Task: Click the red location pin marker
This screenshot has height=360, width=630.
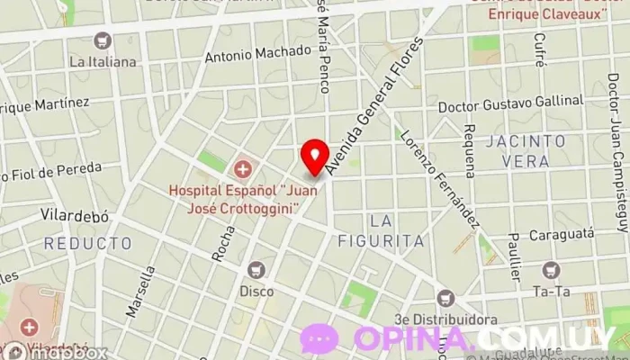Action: click(x=314, y=157)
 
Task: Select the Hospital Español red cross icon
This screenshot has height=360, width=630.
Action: click(x=241, y=168)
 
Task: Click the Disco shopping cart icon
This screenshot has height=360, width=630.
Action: click(x=257, y=269)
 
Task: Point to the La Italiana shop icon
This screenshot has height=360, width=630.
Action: click(x=103, y=41)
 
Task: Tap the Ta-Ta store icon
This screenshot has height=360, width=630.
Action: click(x=550, y=269)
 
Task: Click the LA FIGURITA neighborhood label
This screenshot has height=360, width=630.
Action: click(x=392, y=230)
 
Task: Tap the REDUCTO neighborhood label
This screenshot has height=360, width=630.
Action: click(x=87, y=243)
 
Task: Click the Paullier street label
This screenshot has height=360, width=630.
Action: click(x=513, y=256)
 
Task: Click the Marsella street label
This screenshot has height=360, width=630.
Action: click(x=140, y=292)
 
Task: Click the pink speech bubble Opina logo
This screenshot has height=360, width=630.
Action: click(x=319, y=337)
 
